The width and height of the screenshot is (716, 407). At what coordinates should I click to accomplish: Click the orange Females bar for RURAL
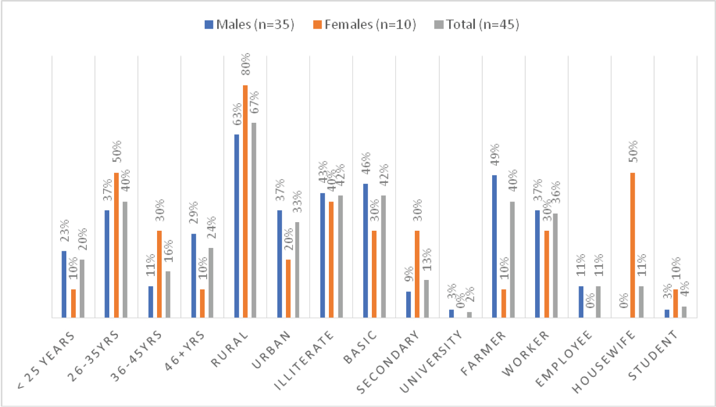(x=245, y=201)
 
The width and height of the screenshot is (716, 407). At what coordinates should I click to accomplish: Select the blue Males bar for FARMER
(x=494, y=246)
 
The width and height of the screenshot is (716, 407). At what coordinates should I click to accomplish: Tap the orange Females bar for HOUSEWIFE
(x=632, y=245)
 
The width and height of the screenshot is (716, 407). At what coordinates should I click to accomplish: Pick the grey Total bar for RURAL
(x=254, y=220)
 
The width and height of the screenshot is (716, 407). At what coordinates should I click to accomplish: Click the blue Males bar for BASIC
(x=366, y=250)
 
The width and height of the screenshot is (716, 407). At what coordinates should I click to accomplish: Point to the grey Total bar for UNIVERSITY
(x=469, y=314)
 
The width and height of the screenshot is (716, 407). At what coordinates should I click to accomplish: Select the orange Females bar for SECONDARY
(x=417, y=274)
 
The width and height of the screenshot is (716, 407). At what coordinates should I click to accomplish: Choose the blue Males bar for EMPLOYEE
(x=581, y=301)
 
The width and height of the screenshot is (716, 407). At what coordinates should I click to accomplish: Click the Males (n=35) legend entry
(x=249, y=24)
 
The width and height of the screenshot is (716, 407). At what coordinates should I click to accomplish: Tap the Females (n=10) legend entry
(x=365, y=24)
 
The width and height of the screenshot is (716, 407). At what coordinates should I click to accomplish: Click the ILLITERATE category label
(x=305, y=361)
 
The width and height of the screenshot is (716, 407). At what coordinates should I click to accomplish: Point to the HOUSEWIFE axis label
(x=604, y=362)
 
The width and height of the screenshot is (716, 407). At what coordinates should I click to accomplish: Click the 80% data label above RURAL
(x=245, y=64)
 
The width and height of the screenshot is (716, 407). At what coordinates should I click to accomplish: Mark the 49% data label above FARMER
(x=495, y=154)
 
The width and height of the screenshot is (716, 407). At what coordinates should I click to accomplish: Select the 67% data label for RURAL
(x=254, y=102)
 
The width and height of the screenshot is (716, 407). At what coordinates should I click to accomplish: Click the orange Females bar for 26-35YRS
(x=116, y=245)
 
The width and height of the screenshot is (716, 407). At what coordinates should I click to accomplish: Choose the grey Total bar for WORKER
(x=555, y=265)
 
